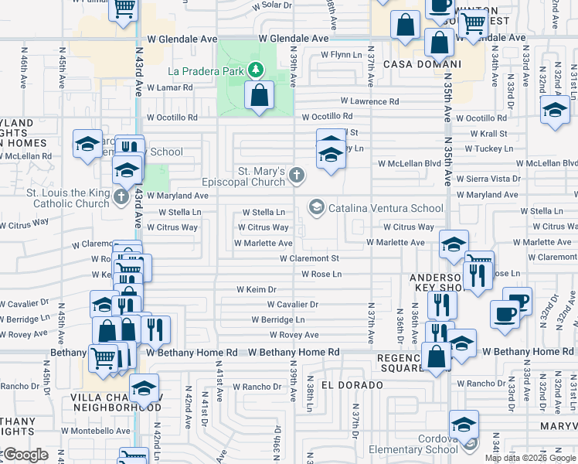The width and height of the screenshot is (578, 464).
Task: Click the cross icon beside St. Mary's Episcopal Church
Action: click(x=296, y=176)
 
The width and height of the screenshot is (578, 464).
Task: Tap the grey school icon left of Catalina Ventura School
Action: click(x=316, y=207)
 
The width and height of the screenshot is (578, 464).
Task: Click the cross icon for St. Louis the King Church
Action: click(x=121, y=197)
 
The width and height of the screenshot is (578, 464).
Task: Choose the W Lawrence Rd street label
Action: click(x=369, y=101)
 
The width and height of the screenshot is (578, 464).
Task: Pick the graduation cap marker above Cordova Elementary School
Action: click(x=464, y=425)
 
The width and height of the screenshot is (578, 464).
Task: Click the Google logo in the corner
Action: click(x=25, y=455)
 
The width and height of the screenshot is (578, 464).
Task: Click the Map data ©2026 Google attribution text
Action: click(x=530, y=458)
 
